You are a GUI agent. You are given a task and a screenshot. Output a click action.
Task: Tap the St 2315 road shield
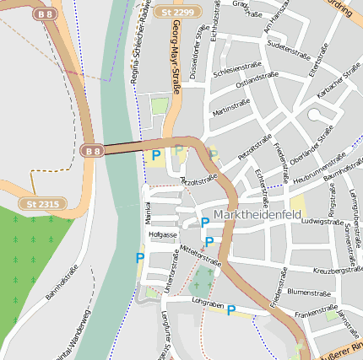coord(42,203)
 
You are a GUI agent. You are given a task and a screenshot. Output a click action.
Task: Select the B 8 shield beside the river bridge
coord(93,151)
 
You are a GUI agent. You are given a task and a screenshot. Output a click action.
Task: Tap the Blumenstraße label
coord(306,291)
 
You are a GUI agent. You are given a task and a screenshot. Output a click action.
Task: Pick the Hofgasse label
coord(162,234)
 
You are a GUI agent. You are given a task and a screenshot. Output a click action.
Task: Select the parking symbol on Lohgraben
coord(230,310)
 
